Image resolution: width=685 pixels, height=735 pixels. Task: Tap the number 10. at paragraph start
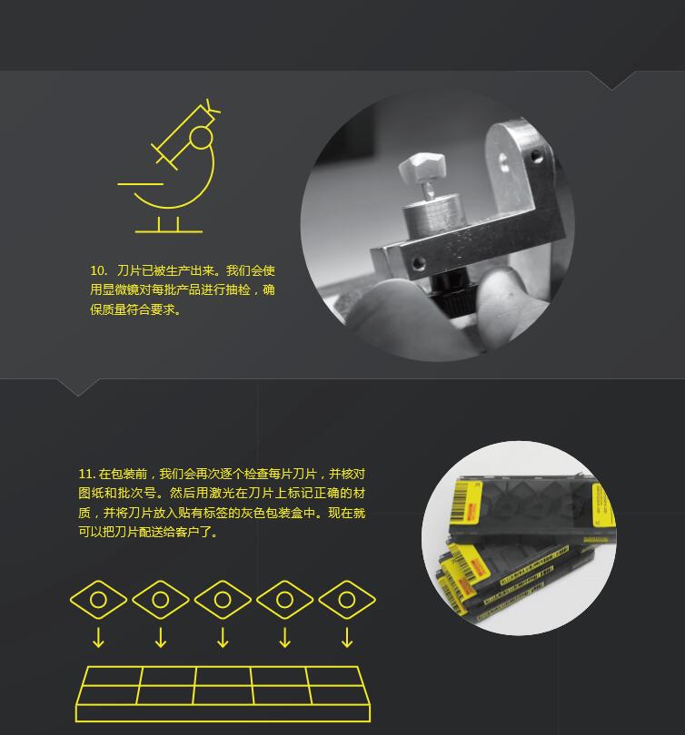pos(98,270)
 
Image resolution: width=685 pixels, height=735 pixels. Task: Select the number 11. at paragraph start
pos(87,474)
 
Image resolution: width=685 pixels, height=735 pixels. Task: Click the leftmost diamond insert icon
pos(98,600)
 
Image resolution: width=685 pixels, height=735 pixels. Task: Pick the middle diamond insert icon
pos(223,600)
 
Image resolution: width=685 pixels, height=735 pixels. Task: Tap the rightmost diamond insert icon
pos(347,600)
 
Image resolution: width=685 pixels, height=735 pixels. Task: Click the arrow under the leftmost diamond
pos(98,638)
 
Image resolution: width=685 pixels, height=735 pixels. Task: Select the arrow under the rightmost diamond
pos(347,638)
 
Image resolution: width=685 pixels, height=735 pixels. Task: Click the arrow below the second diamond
pos(161,638)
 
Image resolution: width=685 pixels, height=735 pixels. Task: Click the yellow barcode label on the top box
pos(466,503)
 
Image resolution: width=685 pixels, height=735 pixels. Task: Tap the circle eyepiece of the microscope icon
pos(202,137)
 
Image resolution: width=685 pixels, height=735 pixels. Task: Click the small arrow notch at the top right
pos(611,80)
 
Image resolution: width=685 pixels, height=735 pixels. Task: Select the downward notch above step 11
pos(78,387)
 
